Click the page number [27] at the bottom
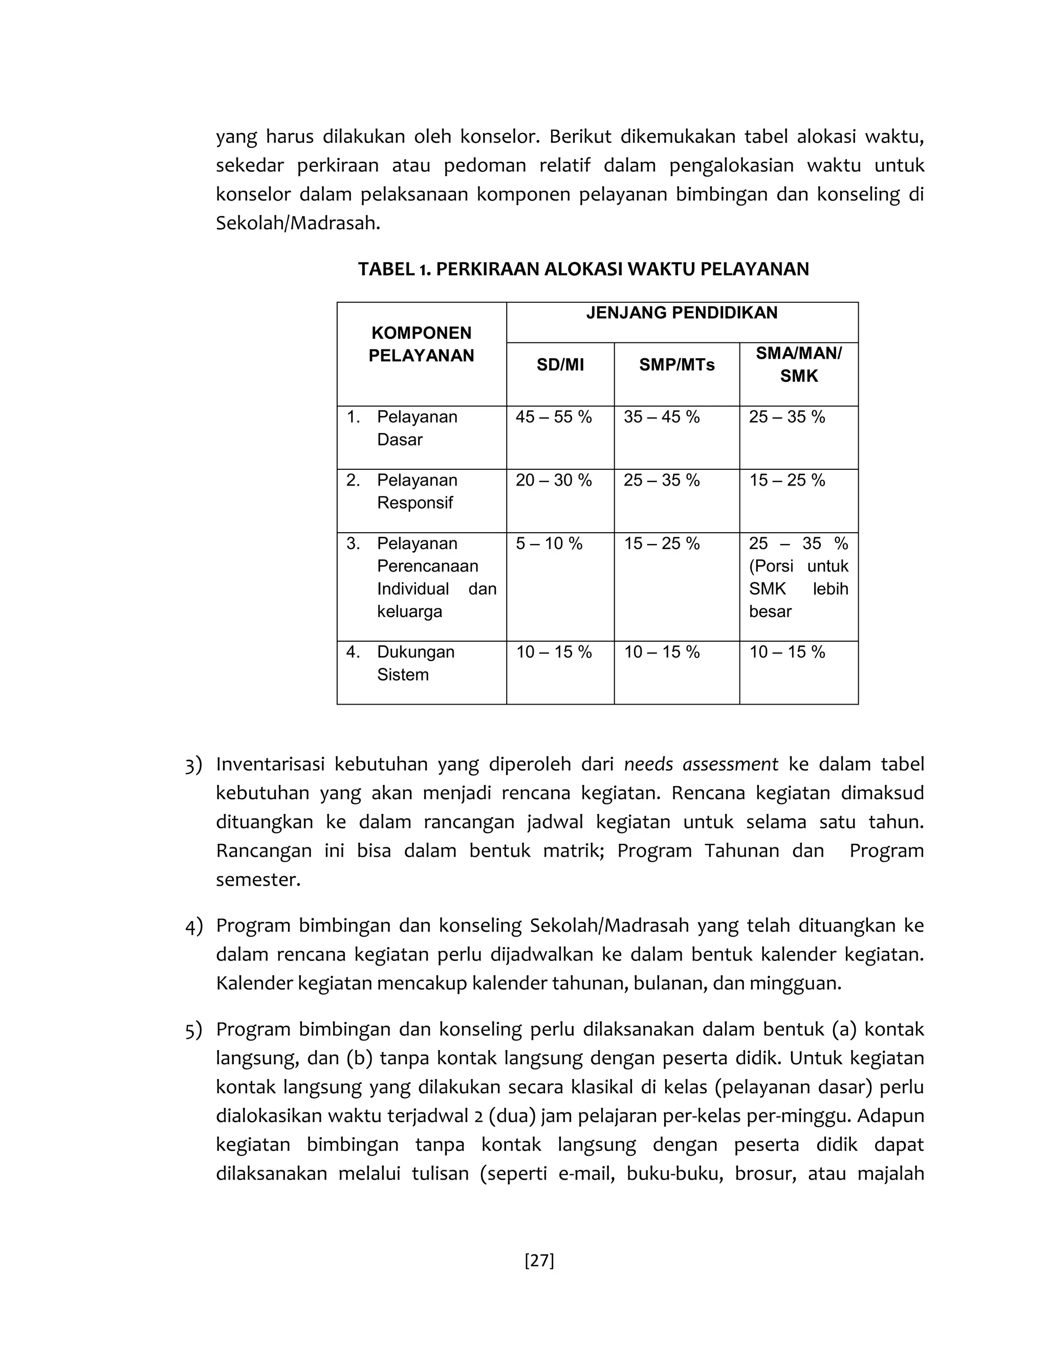point(539,1260)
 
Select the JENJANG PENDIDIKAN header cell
point(682,313)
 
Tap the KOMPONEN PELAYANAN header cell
point(422,344)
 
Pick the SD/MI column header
point(560,365)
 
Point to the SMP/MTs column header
point(676,365)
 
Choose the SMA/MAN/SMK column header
point(798,365)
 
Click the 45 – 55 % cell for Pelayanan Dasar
point(554,417)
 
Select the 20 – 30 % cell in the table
point(554,480)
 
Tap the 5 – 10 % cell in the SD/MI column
point(549,544)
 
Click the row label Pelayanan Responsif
point(417,491)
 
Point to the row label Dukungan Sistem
point(416,663)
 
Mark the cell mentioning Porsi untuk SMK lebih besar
point(798,577)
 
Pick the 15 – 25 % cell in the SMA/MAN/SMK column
point(787,480)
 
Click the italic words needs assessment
point(701,764)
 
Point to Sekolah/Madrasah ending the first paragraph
point(297,224)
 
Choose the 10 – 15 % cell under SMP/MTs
point(662,652)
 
